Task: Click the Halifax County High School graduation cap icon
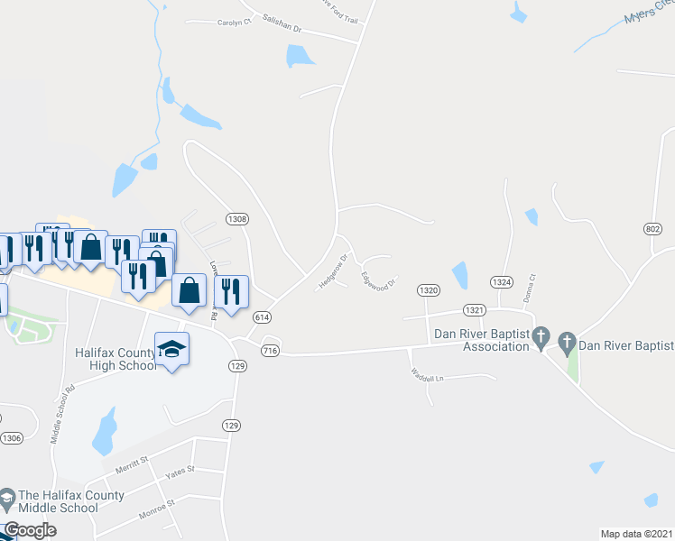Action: [171, 347]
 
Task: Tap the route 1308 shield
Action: [237, 218]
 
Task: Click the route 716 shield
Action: [269, 350]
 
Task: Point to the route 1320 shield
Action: [429, 289]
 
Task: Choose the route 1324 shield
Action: [503, 282]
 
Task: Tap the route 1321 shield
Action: [476, 309]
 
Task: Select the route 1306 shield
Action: [12, 438]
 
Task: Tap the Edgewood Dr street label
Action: [379, 281]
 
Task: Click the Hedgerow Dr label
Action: [333, 270]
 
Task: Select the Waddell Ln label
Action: [428, 371]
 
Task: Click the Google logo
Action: [30, 530]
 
